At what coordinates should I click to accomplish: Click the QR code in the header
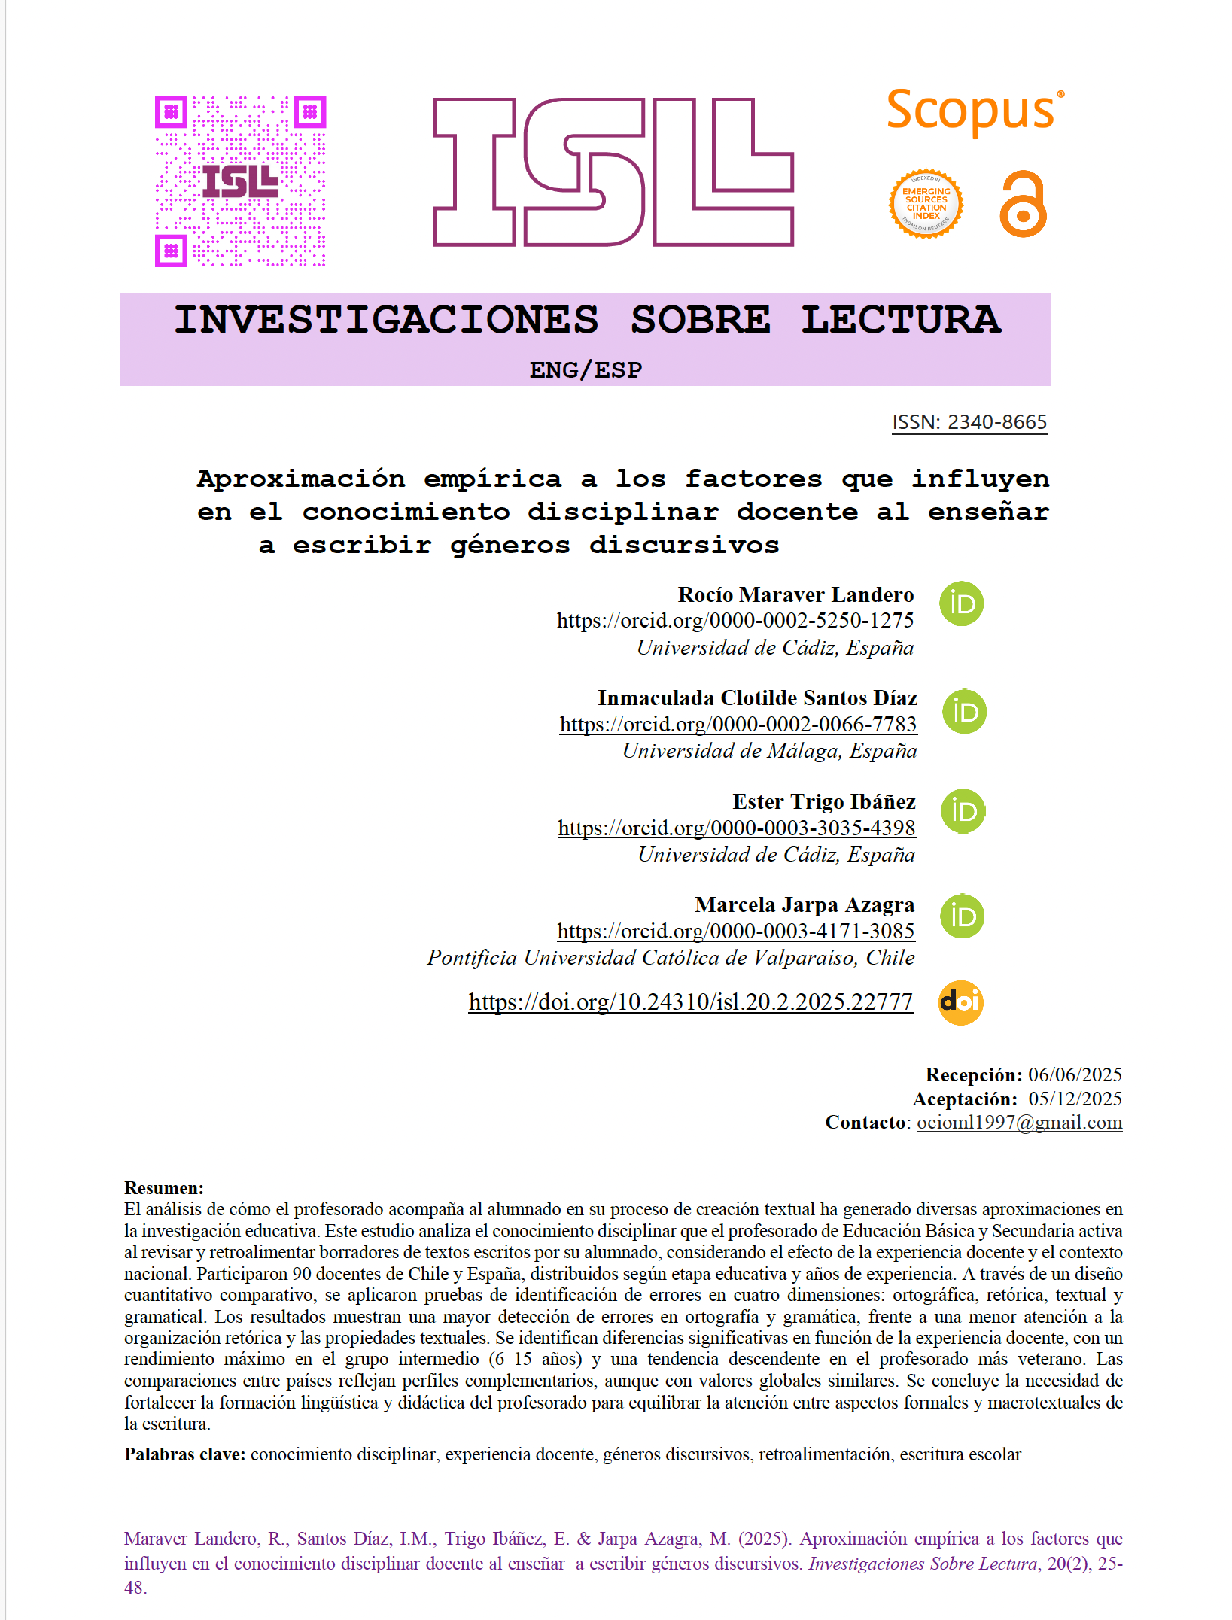tap(240, 181)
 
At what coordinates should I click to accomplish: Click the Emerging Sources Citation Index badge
tap(926, 204)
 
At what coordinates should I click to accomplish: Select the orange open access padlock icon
tap(1023, 205)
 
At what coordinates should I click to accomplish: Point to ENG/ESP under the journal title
tap(586, 370)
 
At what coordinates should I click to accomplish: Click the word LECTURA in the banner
tap(900, 320)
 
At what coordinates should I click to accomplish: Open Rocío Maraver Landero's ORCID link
tap(735, 621)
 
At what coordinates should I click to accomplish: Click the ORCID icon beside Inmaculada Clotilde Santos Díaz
tap(964, 712)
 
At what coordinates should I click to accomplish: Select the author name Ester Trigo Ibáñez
tap(823, 802)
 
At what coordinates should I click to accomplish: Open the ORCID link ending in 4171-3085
tap(735, 932)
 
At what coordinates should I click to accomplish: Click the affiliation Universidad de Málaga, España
tap(769, 751)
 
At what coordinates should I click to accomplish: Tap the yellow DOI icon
tap(960, 1002)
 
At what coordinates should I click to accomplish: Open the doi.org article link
tap(690, 1002)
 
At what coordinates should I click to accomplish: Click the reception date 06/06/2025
tap(1075, 1074)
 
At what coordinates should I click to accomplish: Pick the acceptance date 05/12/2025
tap(1075, 1099)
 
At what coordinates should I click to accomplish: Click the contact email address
tap(1019, 1123)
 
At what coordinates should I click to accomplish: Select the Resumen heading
tap(164, 1188)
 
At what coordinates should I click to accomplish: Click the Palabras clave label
tap(184, 1454)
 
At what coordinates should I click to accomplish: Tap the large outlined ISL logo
tap(613, 172)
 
